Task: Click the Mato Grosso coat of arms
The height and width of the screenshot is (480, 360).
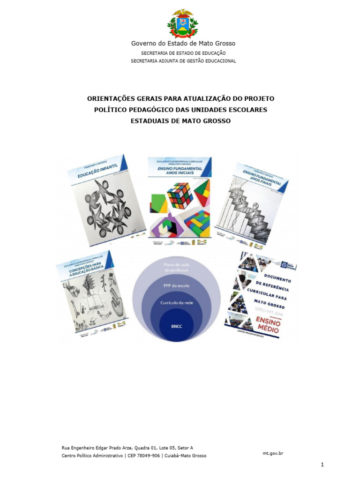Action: coord(180,23)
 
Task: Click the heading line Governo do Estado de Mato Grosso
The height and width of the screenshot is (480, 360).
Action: coord(183,44)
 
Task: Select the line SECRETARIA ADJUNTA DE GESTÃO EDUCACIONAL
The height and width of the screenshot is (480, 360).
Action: coord(183,61)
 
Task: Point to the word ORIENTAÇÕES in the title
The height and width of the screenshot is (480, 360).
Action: coord(111,98)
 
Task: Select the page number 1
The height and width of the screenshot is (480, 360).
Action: coord(322,465)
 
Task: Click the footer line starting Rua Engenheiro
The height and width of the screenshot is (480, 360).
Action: coord(127,448)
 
